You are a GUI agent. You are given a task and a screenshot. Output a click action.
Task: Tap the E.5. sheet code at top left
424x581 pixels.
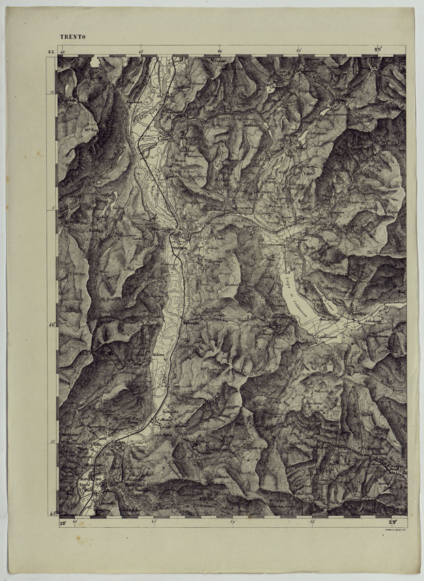50,51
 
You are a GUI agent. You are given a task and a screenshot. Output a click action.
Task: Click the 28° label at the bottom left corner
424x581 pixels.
61,522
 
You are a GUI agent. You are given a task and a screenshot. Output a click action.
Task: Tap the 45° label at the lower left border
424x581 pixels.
52,512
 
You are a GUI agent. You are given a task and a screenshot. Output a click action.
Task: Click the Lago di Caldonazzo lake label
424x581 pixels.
297,289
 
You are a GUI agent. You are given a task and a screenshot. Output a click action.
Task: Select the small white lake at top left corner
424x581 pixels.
94,63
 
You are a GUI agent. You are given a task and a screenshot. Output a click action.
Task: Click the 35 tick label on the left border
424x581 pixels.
52,442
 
